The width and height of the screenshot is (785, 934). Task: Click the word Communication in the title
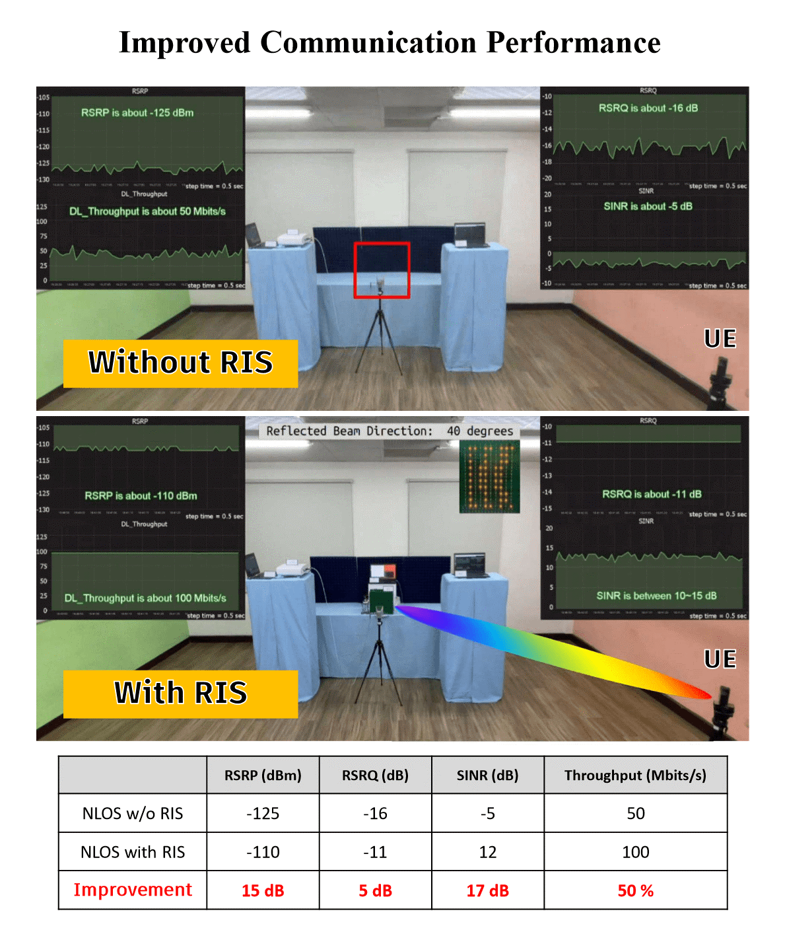click(x=368, y=43)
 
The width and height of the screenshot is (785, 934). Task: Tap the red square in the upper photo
click(x=382, y=270)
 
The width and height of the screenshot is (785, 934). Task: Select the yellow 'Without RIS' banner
click(x=180, y=363)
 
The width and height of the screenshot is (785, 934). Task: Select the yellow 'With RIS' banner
click(x=180, y=694)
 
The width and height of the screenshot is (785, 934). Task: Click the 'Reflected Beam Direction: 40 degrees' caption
click(x=390, y=431)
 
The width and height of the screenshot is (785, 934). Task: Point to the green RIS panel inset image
click(x=489, y=476)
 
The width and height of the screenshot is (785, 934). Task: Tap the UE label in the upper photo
click(x=720, y=339)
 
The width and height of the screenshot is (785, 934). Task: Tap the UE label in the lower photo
click(x=720, y=659)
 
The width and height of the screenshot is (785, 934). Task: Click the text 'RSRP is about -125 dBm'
click(x=137, y=113)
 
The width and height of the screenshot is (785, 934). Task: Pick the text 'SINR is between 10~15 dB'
click(x=656, y=596)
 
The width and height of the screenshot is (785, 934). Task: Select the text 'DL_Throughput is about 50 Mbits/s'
click(x=147, y=211)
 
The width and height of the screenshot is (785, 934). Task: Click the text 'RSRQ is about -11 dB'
click(x=652, y=494)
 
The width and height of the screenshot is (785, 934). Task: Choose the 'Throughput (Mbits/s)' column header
click(x=635, y=775)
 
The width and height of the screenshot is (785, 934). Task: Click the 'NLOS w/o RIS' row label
click(x=133, y=813)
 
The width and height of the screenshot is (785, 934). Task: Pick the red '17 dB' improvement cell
click(x=487, y=890)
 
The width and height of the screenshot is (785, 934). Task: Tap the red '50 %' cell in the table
click(x=635, y=890)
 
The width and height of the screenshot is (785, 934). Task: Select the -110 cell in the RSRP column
click(x=263, y=852)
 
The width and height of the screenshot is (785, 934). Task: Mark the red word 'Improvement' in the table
click(x=133, y=890)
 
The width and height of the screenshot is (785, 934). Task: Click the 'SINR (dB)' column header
click(x=487, y=775)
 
